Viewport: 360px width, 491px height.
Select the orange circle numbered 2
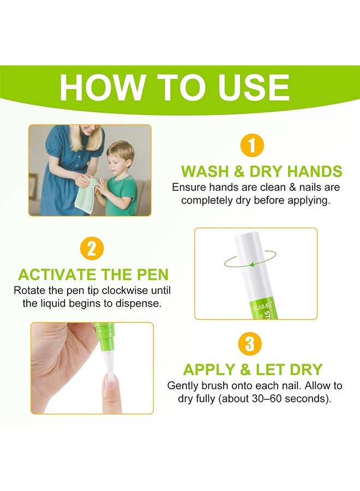(92, 249)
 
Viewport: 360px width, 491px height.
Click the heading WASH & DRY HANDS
(261, 171)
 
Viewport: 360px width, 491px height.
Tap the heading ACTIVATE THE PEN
(93, 274)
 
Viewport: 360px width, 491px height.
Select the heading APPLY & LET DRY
(260, 369)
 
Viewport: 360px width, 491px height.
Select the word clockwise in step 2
(110, 289)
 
